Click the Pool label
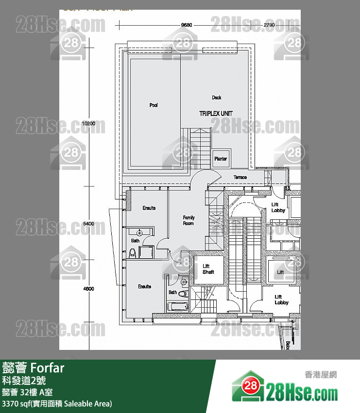(154, 105)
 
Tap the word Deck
(217, 98)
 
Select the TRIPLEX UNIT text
(216, 113)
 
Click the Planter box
(221, 158)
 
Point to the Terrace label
(240, 177)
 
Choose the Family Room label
(189, 220)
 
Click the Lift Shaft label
(208, 269)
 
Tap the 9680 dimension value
(187, 24)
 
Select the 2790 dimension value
(270, 24)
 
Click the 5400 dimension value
(88, 224)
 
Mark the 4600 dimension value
(88, 288)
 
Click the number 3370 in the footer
(11, 403)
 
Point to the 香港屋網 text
(320, 375)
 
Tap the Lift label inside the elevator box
(280, 272)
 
